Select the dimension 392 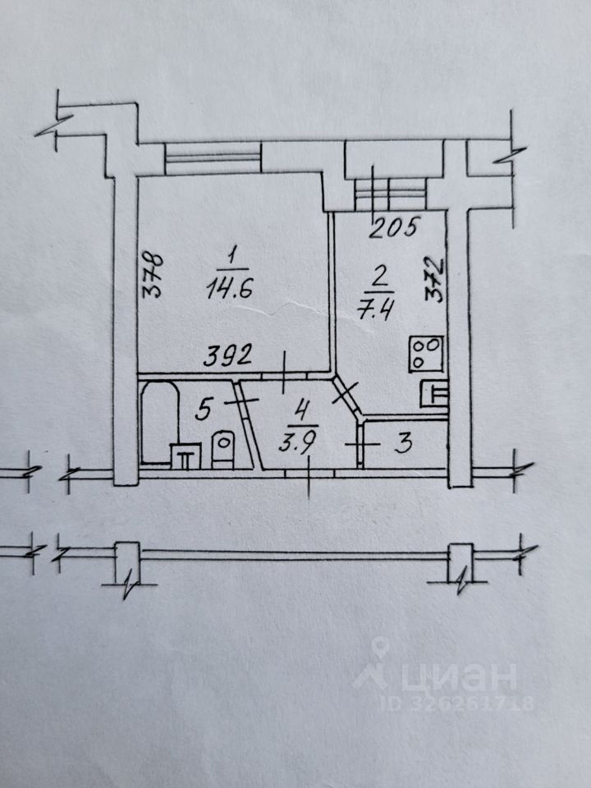[x=227, y=356]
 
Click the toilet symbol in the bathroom [x=222, y=450]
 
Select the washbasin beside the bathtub [x=185, y=456]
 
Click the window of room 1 [x=213, y=157]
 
